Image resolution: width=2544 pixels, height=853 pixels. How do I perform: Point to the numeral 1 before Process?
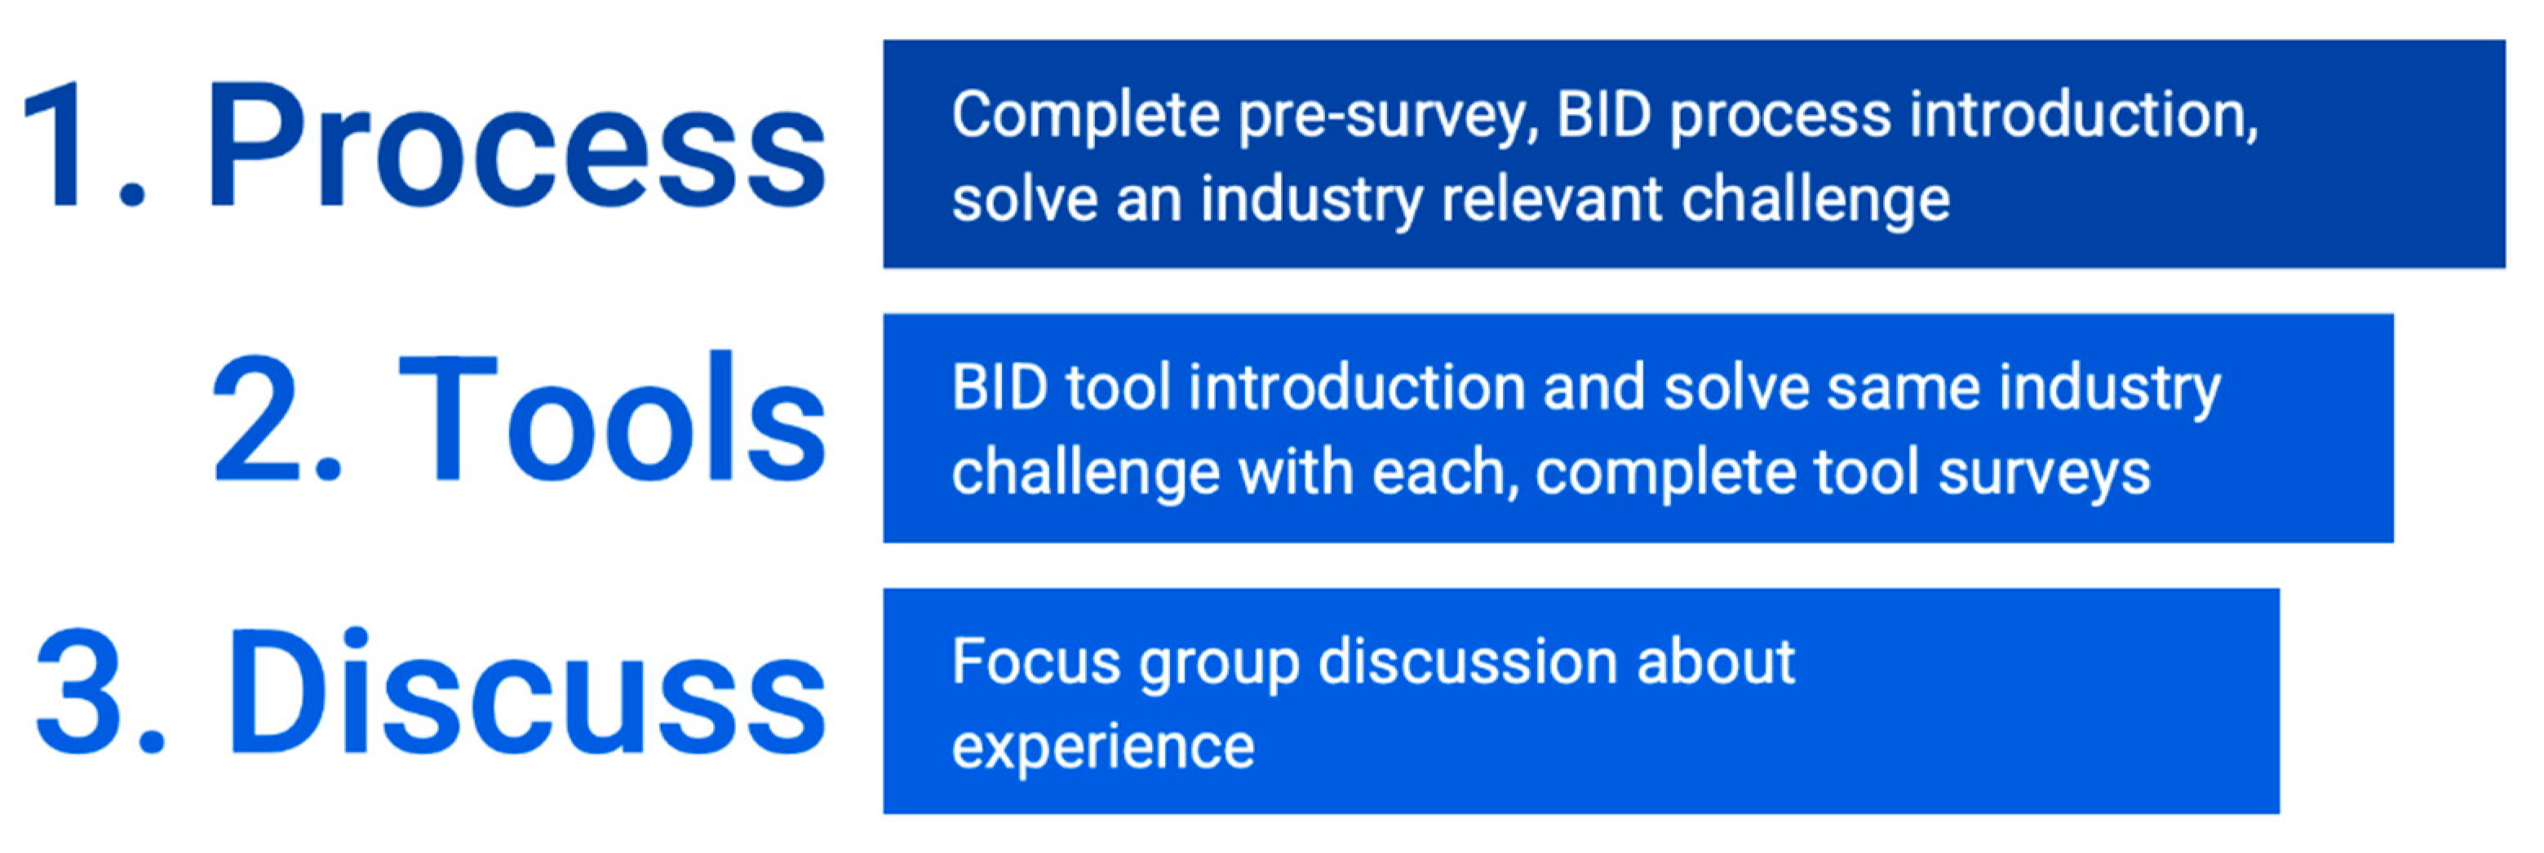51,146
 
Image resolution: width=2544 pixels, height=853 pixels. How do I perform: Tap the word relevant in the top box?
1553,200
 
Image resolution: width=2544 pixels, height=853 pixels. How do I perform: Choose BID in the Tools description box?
999,387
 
